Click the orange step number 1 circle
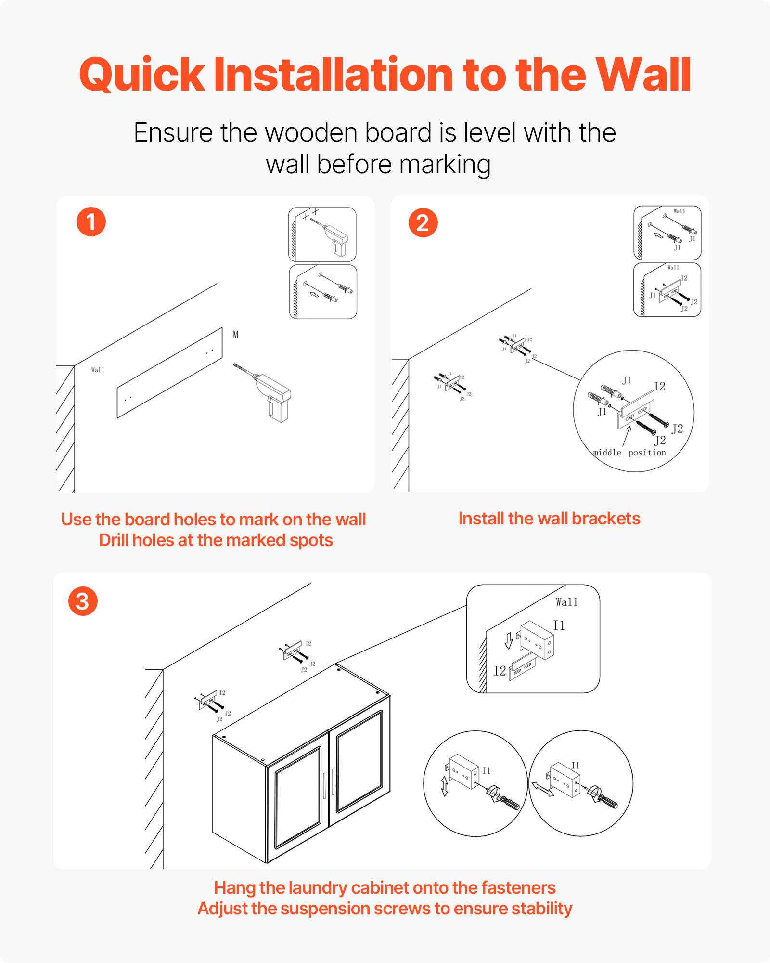(x=91, y=222)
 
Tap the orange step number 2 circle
(x=423, y=223)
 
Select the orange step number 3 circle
(x=83, y=601)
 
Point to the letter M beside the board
(x=235, y=335)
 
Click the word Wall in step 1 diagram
(x=98, y=370)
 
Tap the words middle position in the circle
(x=629, y=453)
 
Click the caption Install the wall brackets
(x=549, y=519)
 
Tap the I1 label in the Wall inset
(x=559, y=625)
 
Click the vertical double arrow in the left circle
(x=445, y=786)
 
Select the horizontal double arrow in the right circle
(x=542, y=789)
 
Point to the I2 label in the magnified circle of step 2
(x=659, y=386)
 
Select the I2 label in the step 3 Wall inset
(x=500, y=671)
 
